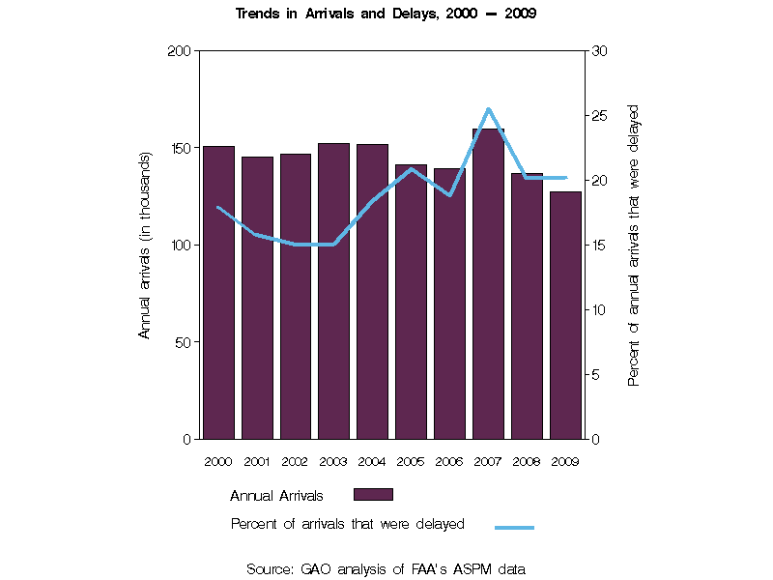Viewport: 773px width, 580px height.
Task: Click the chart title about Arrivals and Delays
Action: tap(386, 14)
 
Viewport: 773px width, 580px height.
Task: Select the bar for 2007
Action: tap(488, 290)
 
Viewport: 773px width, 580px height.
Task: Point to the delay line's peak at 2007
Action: tap(488, 109)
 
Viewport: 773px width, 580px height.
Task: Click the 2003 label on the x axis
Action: tap(333, 461)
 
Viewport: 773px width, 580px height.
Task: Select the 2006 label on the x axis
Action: tap(449, 461)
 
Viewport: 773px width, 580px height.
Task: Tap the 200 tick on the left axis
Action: tap(180, 50)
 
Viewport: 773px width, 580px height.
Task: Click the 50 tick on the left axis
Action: tap(184, 342)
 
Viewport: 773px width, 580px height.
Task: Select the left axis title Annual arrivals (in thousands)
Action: tap(146, 245)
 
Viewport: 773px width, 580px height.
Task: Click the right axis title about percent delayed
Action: tap(634, 245)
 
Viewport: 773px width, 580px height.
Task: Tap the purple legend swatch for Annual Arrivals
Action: tap(373, 495)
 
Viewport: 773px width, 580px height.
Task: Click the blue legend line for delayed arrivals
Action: tap(514, 527)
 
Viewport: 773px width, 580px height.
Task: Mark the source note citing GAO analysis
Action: tap(386, 569)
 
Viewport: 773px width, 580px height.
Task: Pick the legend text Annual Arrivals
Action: tap(276, 496)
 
